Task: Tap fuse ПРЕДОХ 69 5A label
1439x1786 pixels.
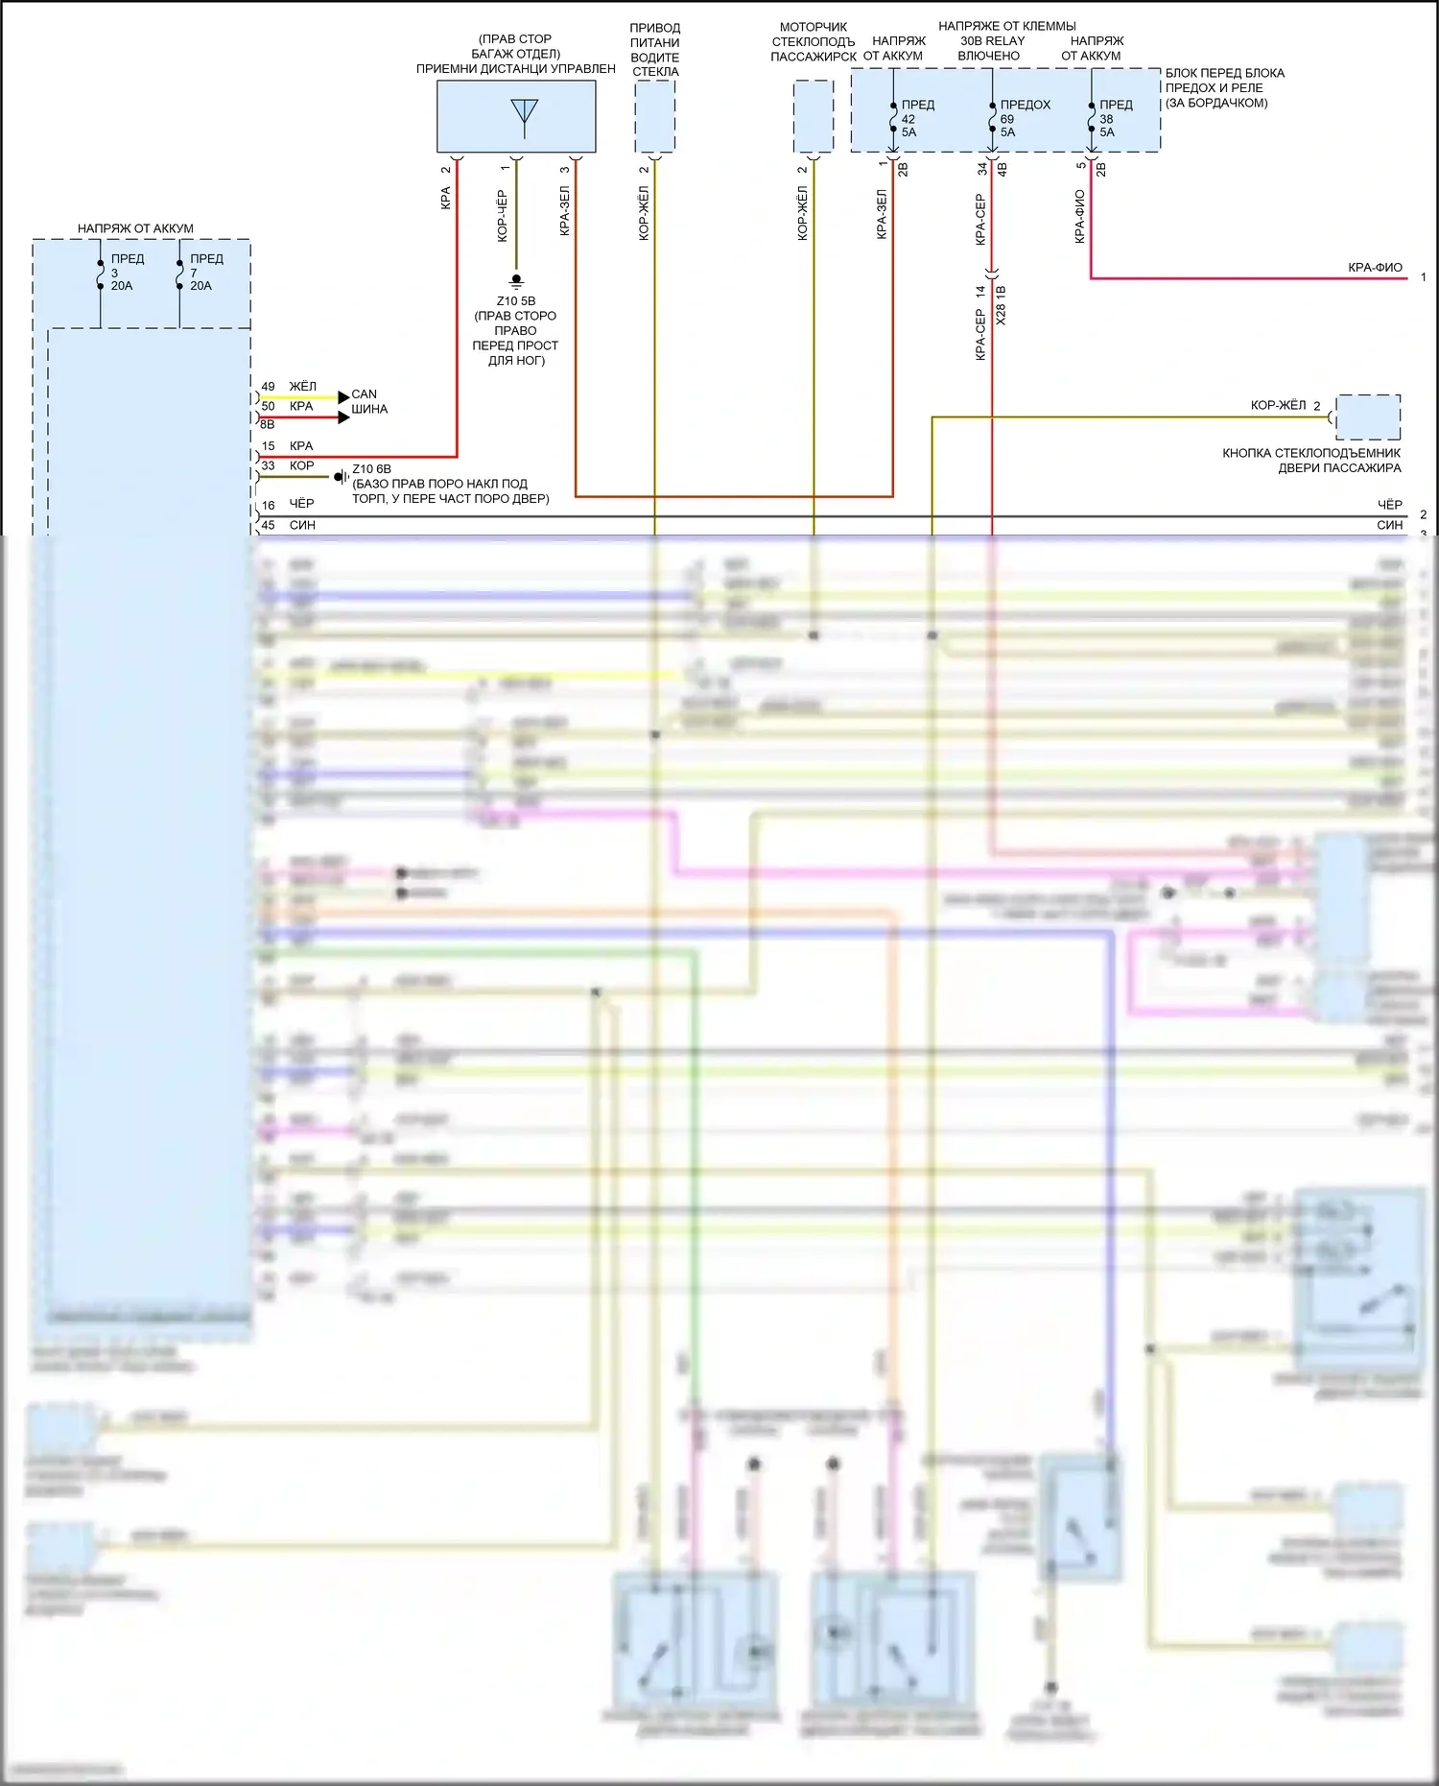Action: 1024,118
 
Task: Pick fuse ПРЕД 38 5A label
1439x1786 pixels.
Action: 1115,118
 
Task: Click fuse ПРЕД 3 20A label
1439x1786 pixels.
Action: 126,273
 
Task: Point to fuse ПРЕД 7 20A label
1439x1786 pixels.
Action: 205,273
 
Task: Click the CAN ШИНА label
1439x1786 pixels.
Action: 368,401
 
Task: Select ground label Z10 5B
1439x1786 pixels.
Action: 516,301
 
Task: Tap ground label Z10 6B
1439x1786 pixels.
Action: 371,469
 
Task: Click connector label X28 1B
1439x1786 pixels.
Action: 1002,304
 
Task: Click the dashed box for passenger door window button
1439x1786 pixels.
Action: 1367,417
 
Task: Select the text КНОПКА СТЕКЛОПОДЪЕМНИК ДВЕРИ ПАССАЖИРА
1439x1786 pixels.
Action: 1310,461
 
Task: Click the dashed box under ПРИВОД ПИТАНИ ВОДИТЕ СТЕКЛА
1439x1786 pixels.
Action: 655,116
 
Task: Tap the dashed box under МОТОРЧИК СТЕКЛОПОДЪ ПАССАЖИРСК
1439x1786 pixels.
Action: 813,116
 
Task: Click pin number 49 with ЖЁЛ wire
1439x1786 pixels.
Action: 268,387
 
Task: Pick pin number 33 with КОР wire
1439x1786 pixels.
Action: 268,466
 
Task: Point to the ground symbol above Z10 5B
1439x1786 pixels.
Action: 516,281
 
